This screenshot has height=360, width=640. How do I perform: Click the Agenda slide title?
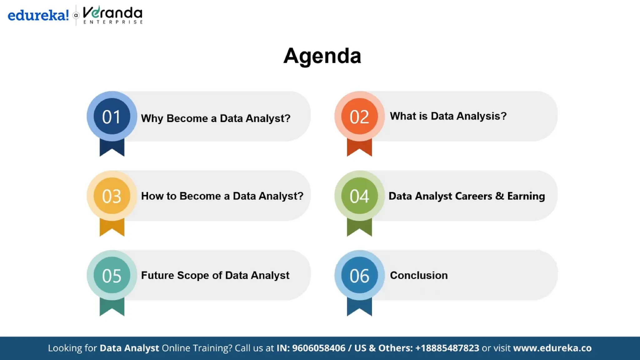(x=322, y=56)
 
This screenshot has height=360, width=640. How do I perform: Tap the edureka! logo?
(x=38, y=15)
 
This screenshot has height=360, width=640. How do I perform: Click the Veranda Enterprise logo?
(x=112, y=15)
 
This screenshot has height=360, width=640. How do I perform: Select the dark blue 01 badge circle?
(x=112, y=117)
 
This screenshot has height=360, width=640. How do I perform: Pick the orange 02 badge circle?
(x=359, y=117)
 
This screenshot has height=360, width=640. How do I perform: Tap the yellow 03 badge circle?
(x=112, y=196)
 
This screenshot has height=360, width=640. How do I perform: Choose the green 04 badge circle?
(x=359, y=196)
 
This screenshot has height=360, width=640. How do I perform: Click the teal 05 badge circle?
(x=112, y=275)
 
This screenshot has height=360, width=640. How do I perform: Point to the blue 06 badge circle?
(x=359, y=275)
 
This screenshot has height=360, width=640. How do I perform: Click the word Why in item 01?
(x=152, y=118)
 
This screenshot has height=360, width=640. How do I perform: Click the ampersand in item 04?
(x=499, y=196)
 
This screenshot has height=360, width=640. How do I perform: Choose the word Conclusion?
(x=418, y=275)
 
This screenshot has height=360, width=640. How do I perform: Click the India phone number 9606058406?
(x=318, y=348)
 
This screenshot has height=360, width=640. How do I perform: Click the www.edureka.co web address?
(x=552, y=348)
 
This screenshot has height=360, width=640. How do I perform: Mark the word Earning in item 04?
(x=526, y=196)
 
